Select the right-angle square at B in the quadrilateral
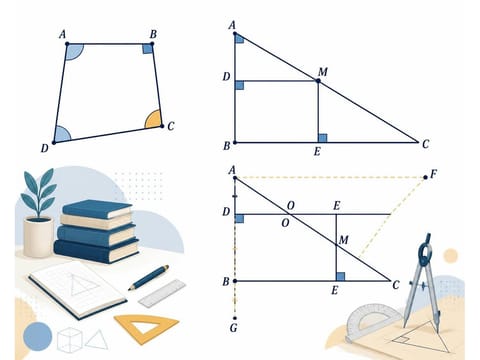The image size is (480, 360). click(148, 49)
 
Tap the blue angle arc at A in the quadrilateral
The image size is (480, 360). click(75, 52)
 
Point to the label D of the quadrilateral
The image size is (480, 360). click(45, 148)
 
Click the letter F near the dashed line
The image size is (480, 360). click(433, 174)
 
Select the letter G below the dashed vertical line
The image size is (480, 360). click(234, 328)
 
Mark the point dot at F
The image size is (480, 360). click(425, 177)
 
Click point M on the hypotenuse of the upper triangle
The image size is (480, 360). click(318, 81)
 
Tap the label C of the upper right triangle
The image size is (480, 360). click(425, 144)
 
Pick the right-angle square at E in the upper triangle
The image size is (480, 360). click(322, 138)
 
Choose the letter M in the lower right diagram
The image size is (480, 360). click(343, 240)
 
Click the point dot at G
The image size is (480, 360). click(235, 318)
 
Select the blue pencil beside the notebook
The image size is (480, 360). click(149, 277)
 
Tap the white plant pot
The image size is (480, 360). click(38, 237)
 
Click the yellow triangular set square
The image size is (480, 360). click(147, 328)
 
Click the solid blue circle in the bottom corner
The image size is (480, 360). click(38, 336)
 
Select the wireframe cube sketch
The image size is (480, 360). click(69, 340)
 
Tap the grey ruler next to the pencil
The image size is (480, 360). click(162, 293)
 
